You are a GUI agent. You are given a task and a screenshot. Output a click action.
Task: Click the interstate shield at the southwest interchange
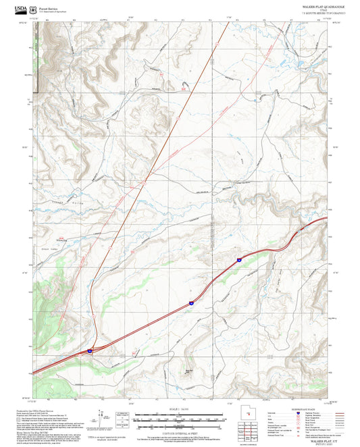91,351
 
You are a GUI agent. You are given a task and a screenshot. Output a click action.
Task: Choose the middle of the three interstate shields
190,305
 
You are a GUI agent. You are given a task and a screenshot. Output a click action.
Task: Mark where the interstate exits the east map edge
328,218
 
